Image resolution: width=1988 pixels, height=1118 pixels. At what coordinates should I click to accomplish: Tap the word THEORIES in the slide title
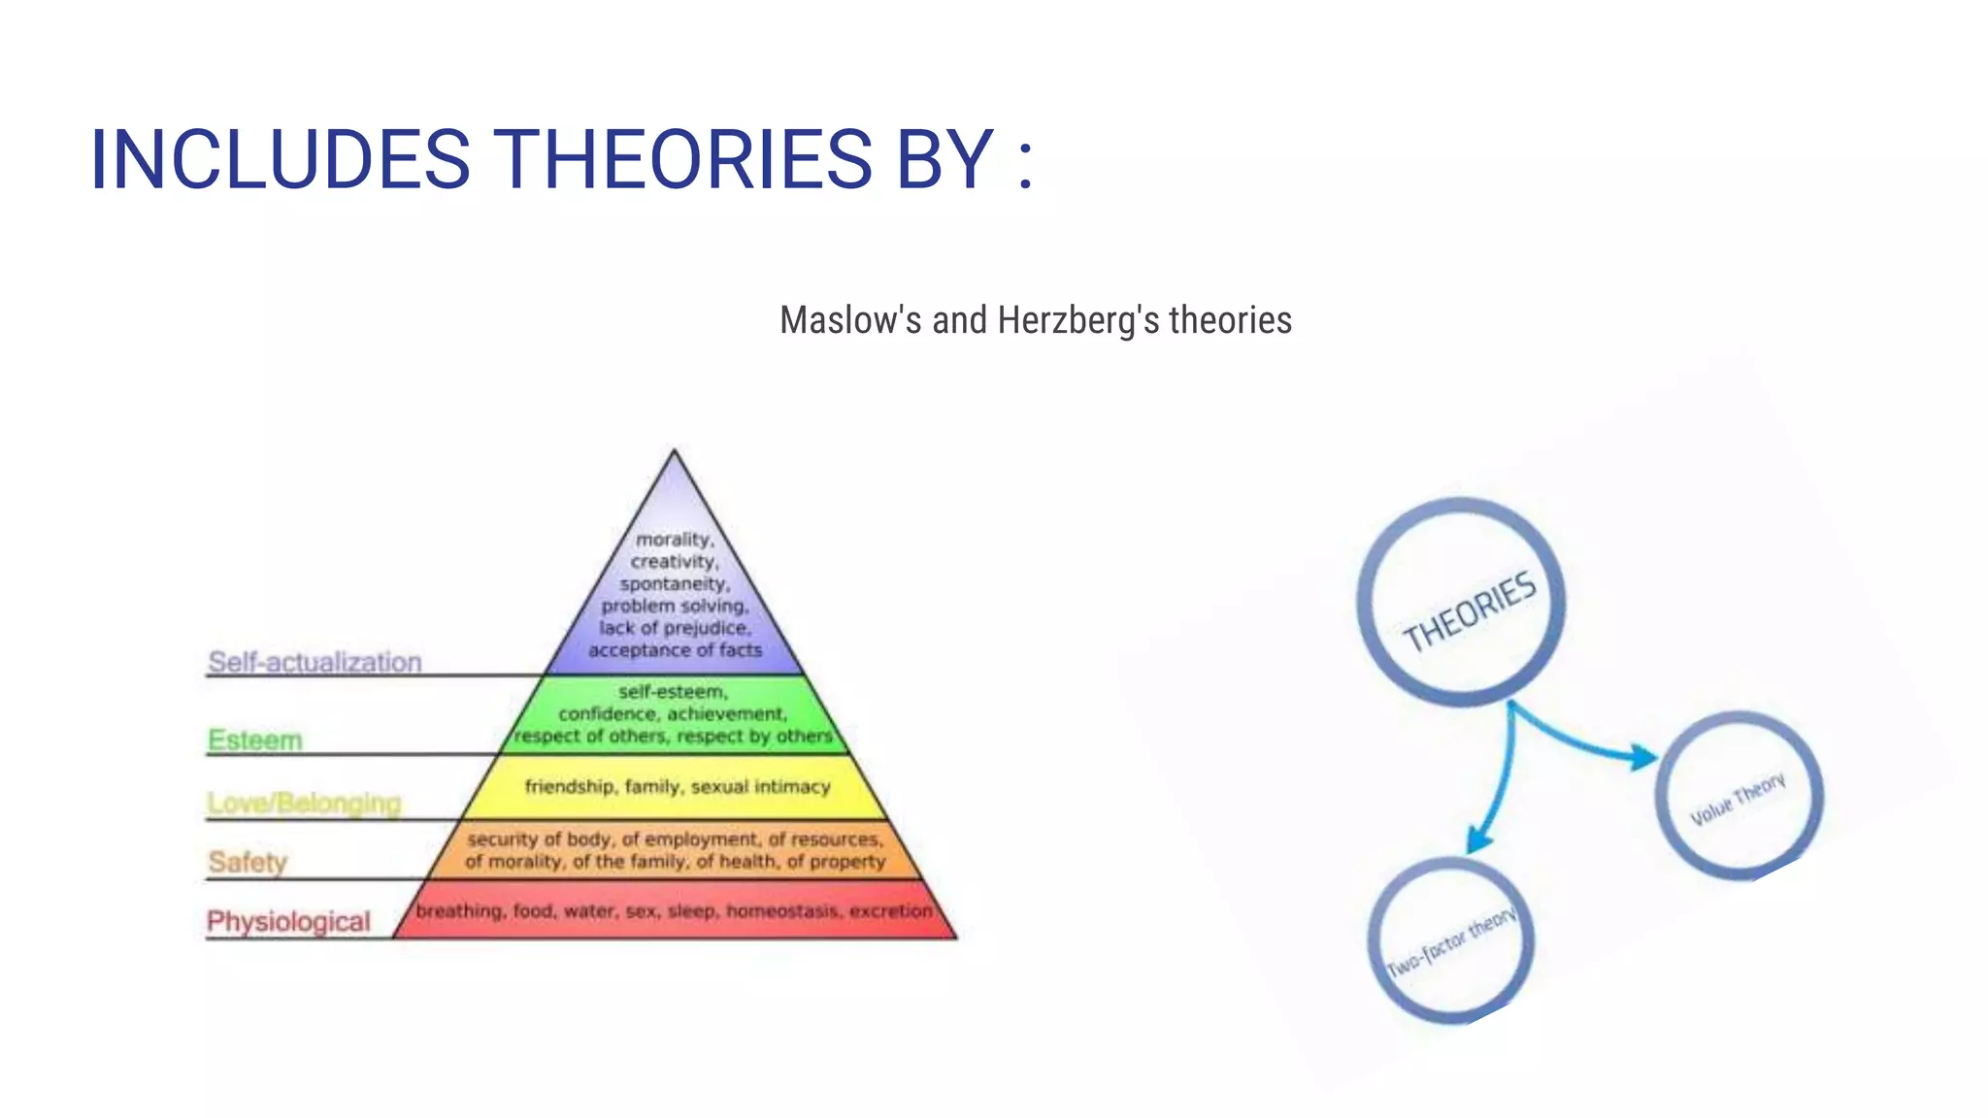click(x=683, y=159)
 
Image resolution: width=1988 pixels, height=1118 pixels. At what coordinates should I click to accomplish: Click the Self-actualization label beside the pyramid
click(x=315, y=662)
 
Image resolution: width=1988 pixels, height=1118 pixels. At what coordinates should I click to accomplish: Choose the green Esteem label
click(x=255, y=740)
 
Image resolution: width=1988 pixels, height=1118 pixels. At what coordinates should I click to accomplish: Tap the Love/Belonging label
click(x=304, y=803)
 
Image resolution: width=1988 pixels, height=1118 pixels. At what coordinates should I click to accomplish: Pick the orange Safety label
click(x=248, y=861)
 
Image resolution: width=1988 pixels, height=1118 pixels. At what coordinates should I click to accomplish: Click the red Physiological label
click(x=288, y=921)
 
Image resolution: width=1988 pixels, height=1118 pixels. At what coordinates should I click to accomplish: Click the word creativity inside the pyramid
click(x=674, y=561)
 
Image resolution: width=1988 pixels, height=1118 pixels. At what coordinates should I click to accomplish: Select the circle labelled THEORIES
click(x=1461, y=602)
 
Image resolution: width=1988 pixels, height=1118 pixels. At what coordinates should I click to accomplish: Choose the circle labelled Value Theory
click(x=1738, y=796)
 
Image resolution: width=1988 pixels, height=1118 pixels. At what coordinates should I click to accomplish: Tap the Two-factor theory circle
click(x=1450, y=941)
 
